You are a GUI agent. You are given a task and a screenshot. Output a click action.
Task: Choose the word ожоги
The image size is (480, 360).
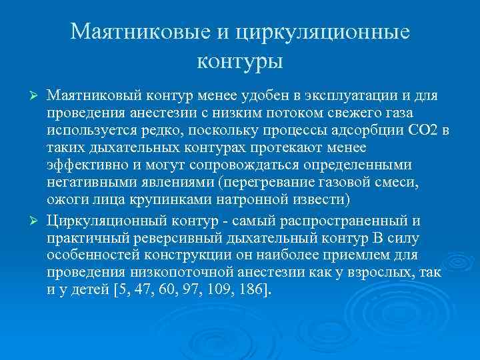click(65, 199)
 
